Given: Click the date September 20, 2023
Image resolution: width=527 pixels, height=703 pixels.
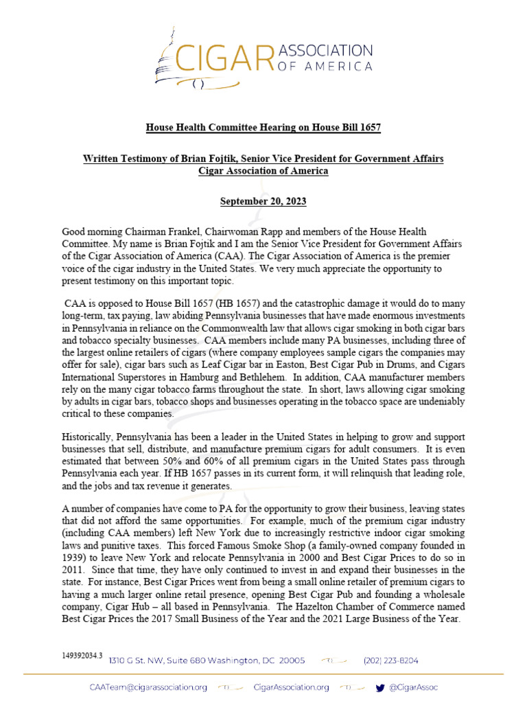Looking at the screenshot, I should pyautogui.click(x=263, y=202).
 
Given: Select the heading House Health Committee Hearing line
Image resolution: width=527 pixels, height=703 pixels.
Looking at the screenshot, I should pyautogui.click(x=263, y=128).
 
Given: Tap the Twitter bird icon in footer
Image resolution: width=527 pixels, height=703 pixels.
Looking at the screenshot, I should pyautogui.click(x=380, y=687).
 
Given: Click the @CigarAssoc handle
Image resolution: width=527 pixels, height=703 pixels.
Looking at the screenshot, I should pyautogui.click(x=414, y=687).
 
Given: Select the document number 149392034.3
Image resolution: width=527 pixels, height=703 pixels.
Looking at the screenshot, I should pyautogui.click(x=82, y=656).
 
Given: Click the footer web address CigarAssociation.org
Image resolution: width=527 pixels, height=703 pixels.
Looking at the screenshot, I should pyautogui.click(x=291, y=687).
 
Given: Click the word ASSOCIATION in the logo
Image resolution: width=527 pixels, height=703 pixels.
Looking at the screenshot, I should pyautogui.click(x=325, y=50).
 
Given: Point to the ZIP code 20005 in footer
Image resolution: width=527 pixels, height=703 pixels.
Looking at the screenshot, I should pyautogui.click(x=290, y=660).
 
